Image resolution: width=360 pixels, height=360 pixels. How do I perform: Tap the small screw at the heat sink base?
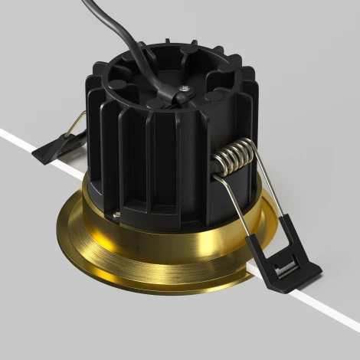click(x=118, y=216)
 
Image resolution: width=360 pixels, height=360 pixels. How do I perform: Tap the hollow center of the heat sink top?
click(x=153, y=77)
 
